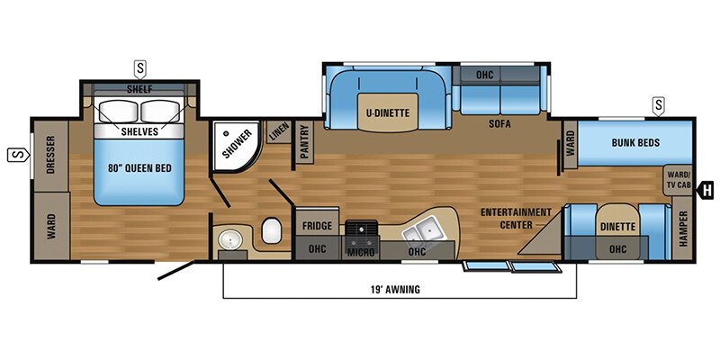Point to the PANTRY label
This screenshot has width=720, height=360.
coord(304,142)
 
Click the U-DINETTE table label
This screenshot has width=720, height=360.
coord(388,112)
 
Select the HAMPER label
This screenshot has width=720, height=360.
coord(684,227)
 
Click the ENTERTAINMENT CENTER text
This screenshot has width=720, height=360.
coord(516,218)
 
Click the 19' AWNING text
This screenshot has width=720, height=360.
coord(394,289)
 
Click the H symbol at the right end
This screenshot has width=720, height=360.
coord(708,190)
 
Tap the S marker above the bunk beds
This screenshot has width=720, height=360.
coord(659,105)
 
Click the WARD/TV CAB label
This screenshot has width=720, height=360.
coord(679,179)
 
